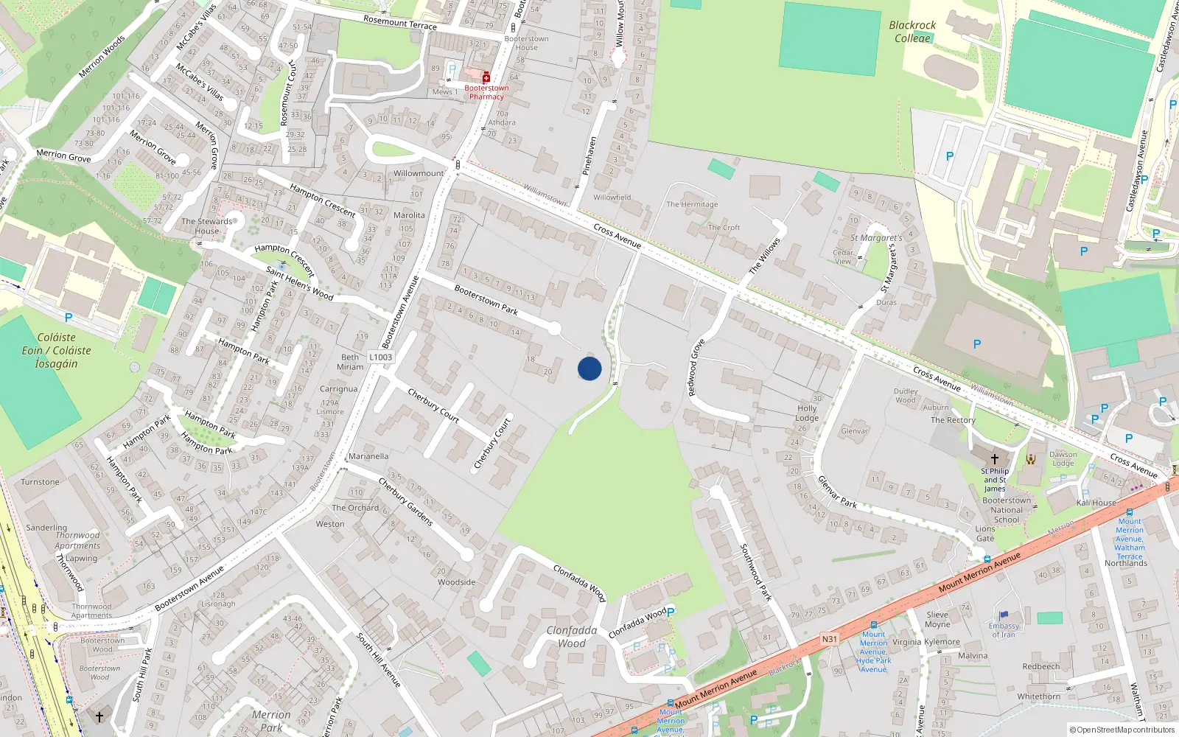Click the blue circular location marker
coord(589,368)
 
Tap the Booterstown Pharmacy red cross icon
coord(486,77)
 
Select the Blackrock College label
coord(912,32)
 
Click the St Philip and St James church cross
coord(994,458)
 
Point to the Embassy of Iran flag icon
coord(1003,615)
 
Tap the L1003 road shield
coord(381,357)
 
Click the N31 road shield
coord(830,639)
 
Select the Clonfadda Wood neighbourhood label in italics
coord(572,637)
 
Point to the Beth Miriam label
coord(350,362)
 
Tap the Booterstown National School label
coord(1007,510)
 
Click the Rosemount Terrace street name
coord(400,22)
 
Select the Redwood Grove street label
coord(697,368)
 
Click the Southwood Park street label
coord(755,572)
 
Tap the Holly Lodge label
coord(807,413)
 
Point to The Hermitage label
coord(692,204)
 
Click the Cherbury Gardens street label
coord(405,502)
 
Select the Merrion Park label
coord(271,721)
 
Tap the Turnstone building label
coord(40,482)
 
